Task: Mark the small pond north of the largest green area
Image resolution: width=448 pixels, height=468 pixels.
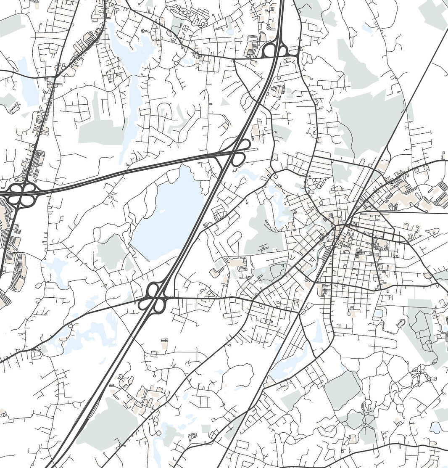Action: point(368,29)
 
